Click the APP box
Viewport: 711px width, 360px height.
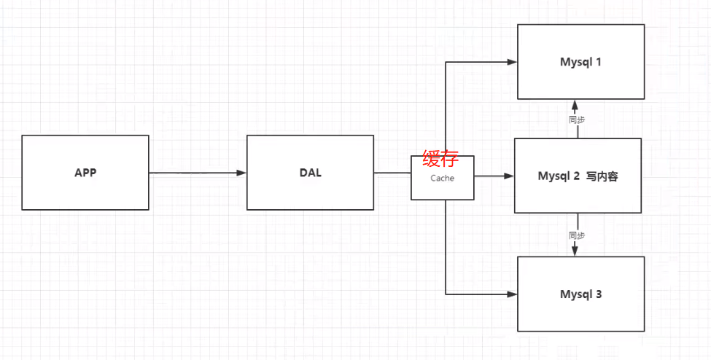[85, 173]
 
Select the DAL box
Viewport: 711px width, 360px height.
[310, 173]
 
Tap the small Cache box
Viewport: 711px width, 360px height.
[443, 187]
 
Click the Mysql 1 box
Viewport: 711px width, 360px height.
[580, 61]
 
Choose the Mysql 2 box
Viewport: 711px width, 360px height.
[578, 176]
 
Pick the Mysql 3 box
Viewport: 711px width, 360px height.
[580, 294]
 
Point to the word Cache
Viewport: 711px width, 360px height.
[442, 178]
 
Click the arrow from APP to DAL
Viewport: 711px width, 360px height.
[197, 173]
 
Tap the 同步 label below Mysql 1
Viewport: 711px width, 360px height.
[576, 118]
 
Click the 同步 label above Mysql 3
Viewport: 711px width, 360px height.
[576, 235]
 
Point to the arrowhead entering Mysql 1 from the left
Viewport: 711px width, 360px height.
[513, 62]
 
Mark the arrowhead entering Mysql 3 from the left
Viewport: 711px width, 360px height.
[513, 294]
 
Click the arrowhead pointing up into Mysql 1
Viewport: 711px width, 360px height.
[575, 103]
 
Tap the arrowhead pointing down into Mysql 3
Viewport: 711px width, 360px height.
[575, 251]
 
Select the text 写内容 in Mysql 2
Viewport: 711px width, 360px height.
[602, 176]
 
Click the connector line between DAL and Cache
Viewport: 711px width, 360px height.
[392, 173]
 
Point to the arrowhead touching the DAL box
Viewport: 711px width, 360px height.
[241, 173]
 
